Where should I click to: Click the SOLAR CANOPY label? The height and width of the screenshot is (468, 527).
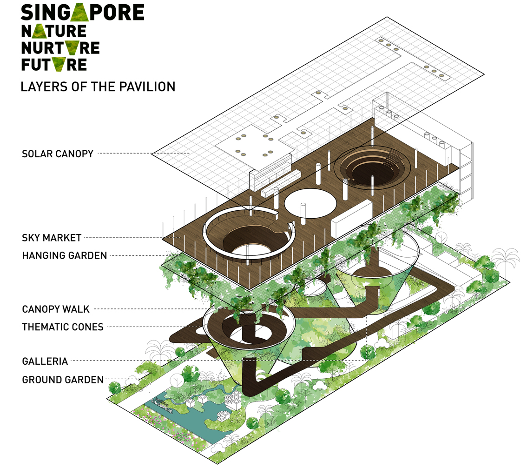click(58, 154)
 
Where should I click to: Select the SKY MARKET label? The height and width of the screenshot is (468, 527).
click(52, 238)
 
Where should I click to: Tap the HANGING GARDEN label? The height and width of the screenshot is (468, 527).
click(64, 256)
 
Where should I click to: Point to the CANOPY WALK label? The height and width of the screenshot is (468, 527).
click(56, 309)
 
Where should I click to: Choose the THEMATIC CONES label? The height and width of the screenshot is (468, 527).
click(63, 327)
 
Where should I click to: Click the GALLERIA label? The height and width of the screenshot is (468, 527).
click(45, 361)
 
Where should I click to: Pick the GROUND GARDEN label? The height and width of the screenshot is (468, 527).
click(63, 380)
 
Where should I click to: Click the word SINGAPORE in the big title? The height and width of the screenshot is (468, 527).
click(83, 13)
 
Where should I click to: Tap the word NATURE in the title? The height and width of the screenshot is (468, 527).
click(54, 31)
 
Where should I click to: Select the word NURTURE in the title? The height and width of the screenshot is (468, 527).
click(60, 48)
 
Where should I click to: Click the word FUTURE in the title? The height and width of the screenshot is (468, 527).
click(54, 65)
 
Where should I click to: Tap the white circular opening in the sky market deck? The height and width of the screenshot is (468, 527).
click(310, 203)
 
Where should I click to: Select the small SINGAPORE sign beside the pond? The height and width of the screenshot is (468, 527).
click(162, 406)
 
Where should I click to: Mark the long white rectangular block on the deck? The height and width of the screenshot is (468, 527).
click(351, 219)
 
